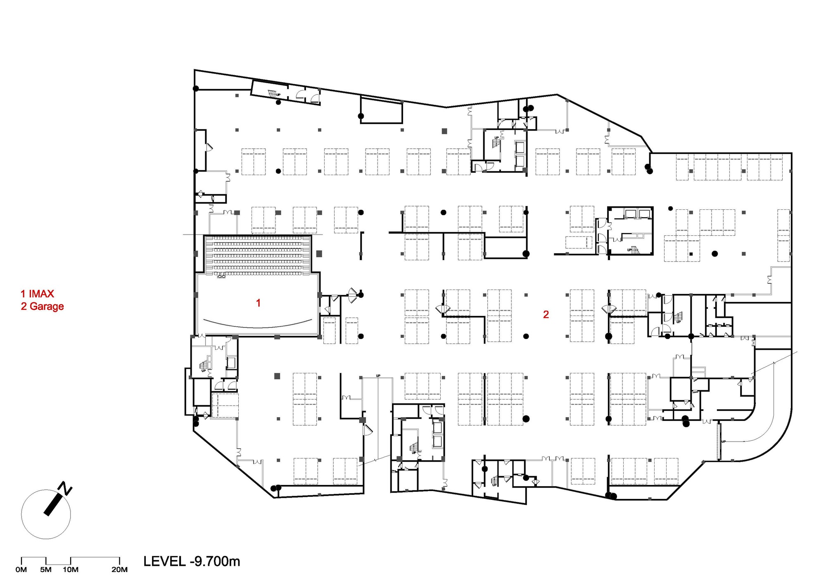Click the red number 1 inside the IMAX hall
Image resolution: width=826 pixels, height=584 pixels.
[x=258, y=303]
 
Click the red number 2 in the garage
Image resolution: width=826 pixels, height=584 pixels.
[x=546, y=315]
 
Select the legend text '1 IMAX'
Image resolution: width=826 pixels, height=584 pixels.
[x=37, y=294]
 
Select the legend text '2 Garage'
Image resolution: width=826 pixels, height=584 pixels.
[x=42, y=306]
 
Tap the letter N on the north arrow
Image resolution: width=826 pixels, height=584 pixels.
[x=66, y=488]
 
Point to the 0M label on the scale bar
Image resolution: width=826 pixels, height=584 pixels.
[x=21, y=570]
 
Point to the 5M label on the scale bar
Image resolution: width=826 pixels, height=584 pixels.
[x=46, y=570]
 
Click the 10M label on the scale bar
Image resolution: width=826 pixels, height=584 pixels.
[x=71, y=570]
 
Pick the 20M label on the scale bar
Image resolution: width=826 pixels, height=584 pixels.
[x=119, y=570]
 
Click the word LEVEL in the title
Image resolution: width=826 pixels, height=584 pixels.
[x=164, y=561]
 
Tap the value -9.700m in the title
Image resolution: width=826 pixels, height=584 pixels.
[x=215, y=561]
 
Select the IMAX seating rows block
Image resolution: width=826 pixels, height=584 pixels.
[x=258, y=255]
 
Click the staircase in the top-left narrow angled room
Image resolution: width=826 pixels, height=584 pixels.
[x=272, y=93]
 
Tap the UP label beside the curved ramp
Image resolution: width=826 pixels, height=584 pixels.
[x=724, y=442]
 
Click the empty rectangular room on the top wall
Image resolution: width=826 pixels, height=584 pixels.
[x=381, y=109]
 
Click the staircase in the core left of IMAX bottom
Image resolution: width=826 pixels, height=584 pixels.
[x=204, y=365]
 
